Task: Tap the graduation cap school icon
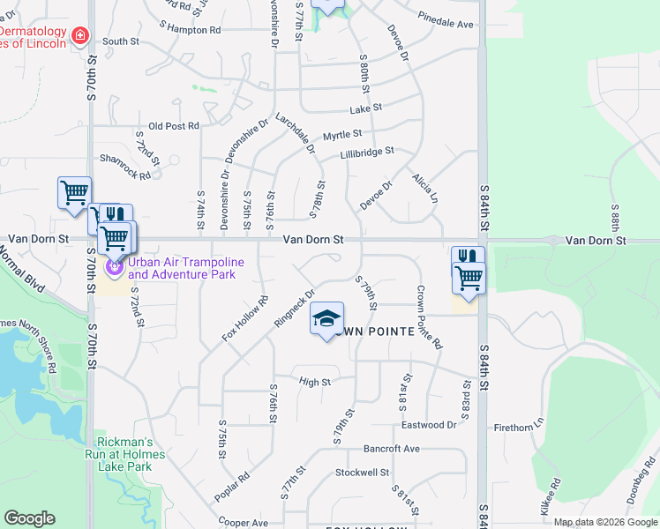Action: pos(326,319)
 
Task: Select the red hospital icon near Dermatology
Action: pos(80,36)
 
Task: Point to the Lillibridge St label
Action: pos(367,154)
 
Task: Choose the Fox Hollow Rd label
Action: pos(245,318)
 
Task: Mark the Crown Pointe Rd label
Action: pos(430,317)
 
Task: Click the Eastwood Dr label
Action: pos(429,424)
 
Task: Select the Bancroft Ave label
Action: pos(391,449)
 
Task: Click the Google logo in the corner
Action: pos(29,518)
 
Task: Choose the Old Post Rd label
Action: pos(174,126)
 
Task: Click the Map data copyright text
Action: pos(604,522)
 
